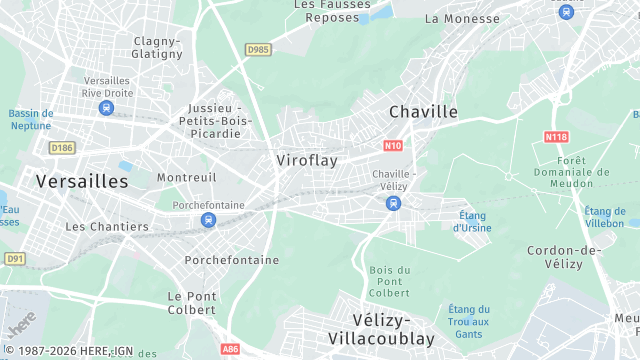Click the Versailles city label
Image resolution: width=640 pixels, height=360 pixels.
[x=82, y=182]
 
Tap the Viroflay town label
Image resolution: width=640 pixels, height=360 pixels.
[x=307, y=160]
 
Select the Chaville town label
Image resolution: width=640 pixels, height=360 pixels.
[x=423, y=112]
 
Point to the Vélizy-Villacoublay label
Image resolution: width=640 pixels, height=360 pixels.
[x=382, y=329]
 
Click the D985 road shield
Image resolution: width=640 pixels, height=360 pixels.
[x=258, y=48]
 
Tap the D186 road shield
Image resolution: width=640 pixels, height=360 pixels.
[x=62, y=148]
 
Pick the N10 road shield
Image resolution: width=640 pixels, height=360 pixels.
[x=392, y=145]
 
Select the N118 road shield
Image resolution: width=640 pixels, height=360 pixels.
[x=556, y=136]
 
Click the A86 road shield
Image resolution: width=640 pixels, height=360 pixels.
[x=231, y=349]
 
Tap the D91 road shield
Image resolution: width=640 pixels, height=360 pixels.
[x=14, y=258]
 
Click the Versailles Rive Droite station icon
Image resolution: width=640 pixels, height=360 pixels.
[x=106, y=107]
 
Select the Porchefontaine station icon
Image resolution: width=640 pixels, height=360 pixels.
[x=208, y=220]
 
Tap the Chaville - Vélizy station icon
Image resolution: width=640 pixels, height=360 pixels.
[x=393, y=203]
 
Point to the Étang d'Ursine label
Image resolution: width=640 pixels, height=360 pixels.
[x=471, y=221]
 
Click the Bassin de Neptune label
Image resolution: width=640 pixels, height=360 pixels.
[x=31, y=120]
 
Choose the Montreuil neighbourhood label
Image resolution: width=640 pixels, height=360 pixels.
[x=187, y=177]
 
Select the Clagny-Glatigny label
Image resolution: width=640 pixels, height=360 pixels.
[x=157, y=47]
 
